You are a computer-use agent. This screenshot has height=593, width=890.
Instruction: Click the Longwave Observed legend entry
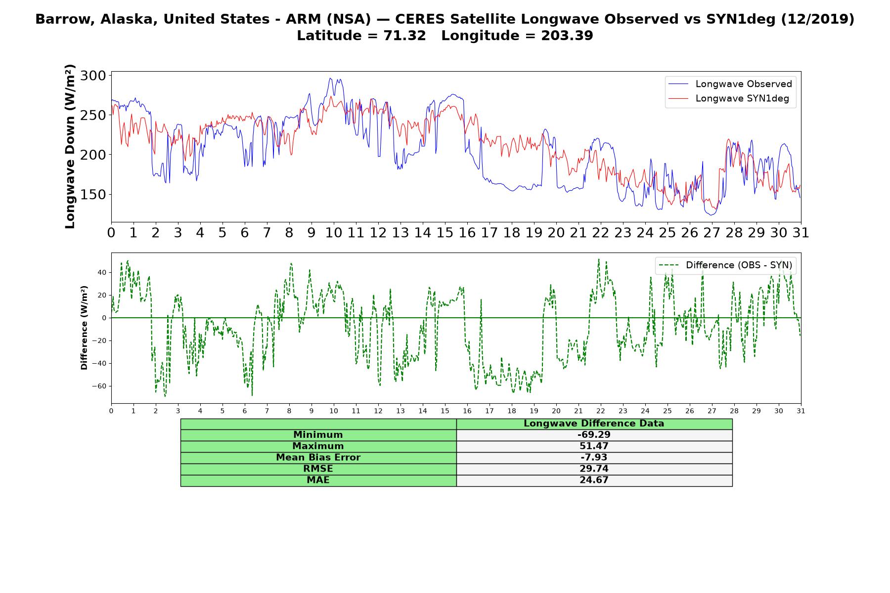pyautogui.click(x=730, y=84)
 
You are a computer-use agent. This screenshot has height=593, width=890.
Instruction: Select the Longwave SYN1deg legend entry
pyautogui.click(x=728, y=98)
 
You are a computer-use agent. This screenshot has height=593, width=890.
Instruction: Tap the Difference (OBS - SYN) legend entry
pyautogui.click(x=725, y=265)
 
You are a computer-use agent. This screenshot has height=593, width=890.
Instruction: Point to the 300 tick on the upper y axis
pyautogui.click(x=93, y=76)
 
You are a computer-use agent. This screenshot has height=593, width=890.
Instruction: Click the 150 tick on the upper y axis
pyautogui.click(x=93, y=195)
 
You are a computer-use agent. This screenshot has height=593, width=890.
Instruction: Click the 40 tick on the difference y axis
pyautogui.click(x=102, y=272)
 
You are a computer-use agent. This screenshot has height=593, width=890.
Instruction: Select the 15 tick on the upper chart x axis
pyautogui.click(x=445, y=232)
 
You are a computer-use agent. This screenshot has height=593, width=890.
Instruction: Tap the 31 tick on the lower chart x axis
pyautogui.click(x=801, y=411)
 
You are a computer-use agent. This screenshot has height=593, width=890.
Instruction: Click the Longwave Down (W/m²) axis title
pyautogui.click(x=70, y=146)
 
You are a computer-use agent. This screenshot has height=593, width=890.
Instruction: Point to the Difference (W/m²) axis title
pyautogui.click(x=84, y=328)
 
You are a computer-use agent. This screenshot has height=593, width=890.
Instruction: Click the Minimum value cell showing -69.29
pyautogui.click(x=594, y=435)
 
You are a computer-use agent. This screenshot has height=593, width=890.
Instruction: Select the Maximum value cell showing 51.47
pyautogui.click(x=594, y=446)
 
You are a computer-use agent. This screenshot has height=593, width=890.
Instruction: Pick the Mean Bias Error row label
pyautogui.click(x=318, y=458)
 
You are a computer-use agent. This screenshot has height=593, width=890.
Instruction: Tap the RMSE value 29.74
pyautogui.click(x=594, y=469)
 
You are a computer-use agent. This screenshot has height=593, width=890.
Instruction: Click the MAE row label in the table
pyautogui.click(x=318, y=480)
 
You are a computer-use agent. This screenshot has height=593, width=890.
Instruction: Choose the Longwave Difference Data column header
pyautogui.click(x=594, y=424)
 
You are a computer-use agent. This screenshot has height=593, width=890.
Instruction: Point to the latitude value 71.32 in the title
pyautogui.click(x=404, y=36)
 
